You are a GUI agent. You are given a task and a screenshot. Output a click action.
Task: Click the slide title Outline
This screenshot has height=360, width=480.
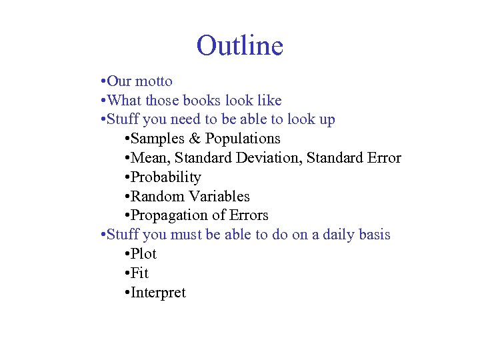(240, 46)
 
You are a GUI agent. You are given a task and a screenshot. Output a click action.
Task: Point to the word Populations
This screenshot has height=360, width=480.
(243, 139)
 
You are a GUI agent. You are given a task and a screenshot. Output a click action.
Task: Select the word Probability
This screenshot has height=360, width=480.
(166, 177)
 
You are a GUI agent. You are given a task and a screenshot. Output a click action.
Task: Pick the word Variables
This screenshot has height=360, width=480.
(219, 197)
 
